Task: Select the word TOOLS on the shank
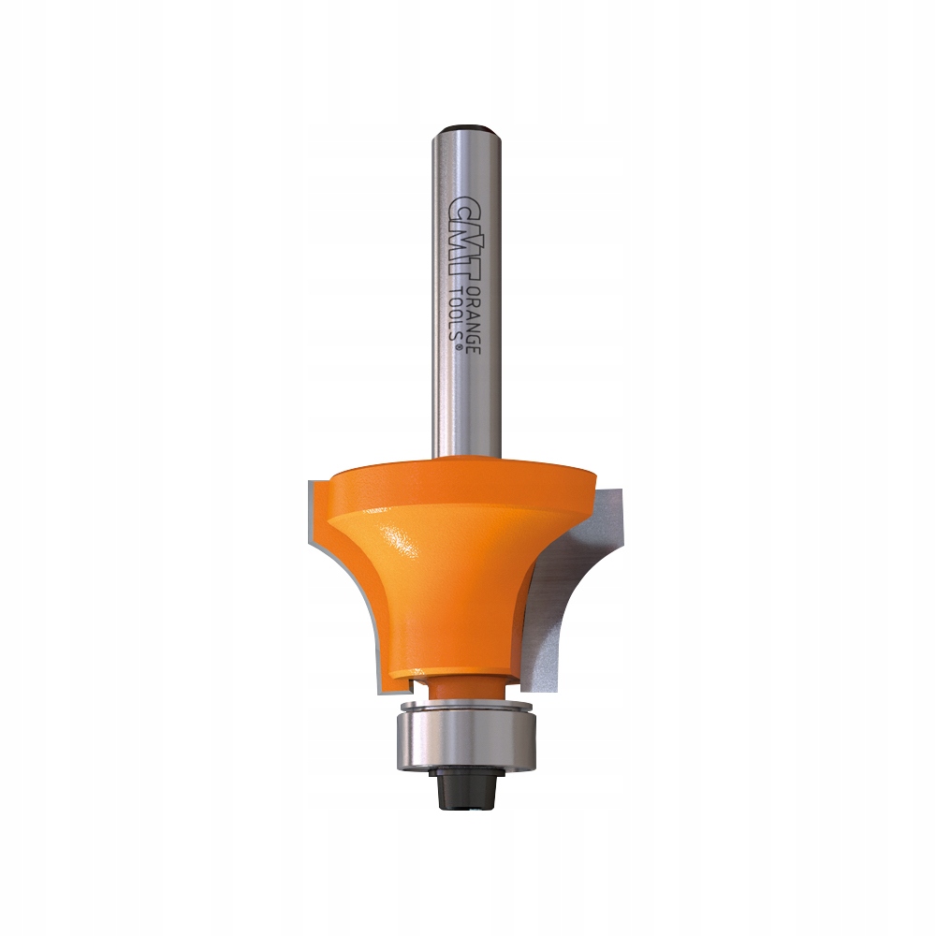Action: point(456,317)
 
